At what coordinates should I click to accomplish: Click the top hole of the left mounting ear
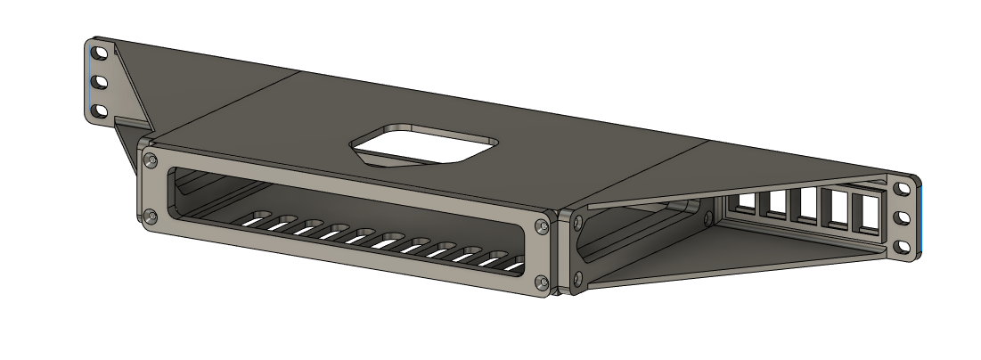[x=100, y=53]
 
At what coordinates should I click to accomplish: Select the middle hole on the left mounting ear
[x=100, y=82]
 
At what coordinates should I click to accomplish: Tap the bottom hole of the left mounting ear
[x=100, y=111]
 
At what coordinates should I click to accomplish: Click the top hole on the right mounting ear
[x=903, y=189]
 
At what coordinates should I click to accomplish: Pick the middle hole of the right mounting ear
[x=903, y=217]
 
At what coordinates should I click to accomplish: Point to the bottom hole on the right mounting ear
[x=903, y=245]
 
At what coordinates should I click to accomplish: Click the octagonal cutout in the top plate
[x=424, y=145]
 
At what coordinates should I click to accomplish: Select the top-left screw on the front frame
[x=151, y=160]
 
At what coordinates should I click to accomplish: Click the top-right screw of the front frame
[x=540, y=227]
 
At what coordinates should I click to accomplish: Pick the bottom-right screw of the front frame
[x=540, y=282]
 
